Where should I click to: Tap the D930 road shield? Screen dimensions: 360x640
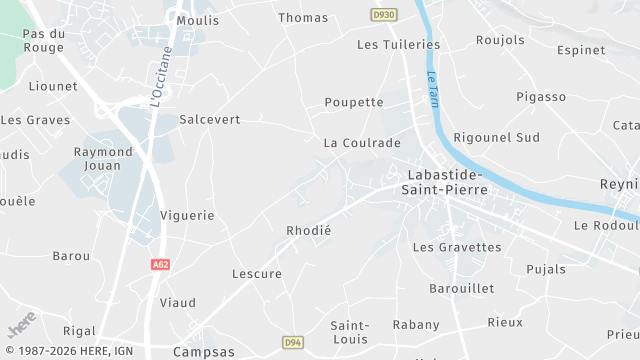click(x=382, y=15)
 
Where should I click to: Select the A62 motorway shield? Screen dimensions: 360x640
click(x=160, y=265)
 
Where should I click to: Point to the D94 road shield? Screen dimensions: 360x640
click(x=292, y=341)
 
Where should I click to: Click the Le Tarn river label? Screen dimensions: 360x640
click(x=432, y=89)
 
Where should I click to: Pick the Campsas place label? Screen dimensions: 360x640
click(x=203, y=352)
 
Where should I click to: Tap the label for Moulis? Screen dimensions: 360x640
click(x=197, y=20)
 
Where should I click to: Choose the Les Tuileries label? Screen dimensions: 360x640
click(x=398, y=44)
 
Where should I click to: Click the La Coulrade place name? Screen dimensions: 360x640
click(x=362, y=143)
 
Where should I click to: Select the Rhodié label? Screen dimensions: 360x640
click(x=308, y=230)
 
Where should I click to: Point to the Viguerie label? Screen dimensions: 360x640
click(x=187, y=215)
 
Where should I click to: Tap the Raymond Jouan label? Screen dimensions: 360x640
click(x=103, y=158)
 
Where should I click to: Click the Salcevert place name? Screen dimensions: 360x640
click(x=210, y=119)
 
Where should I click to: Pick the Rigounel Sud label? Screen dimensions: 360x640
click(x=496, y=137)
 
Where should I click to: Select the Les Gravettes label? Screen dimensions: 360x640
click(x=457, y=247)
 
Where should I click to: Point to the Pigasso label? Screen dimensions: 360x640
click(x=541, y=97)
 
